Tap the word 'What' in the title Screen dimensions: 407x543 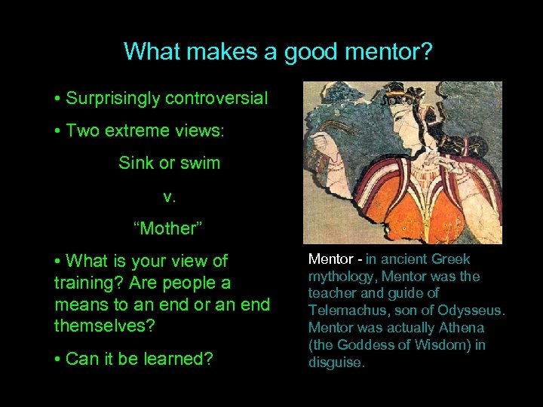152,52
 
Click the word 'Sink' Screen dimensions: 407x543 136,163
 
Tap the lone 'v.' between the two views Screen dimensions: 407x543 169,196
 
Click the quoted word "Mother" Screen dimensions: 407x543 169,228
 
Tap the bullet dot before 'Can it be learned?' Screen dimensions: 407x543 58,360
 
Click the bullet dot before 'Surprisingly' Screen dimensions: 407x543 58,99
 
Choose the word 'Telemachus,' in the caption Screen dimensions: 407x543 344,311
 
